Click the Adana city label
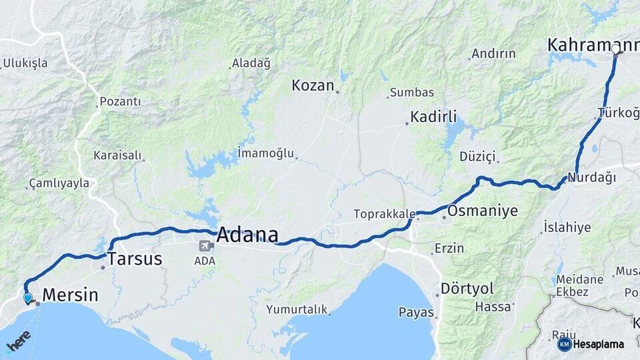247,235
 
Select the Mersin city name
70,295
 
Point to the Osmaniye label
483,211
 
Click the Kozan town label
312,85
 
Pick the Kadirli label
433,117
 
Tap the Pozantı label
120,102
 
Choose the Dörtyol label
467,289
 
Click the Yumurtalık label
297,309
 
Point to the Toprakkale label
385,215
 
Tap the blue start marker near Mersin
28,298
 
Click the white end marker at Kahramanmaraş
615,49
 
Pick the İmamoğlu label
266,153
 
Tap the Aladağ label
251,64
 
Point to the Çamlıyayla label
59,183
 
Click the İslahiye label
567,227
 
